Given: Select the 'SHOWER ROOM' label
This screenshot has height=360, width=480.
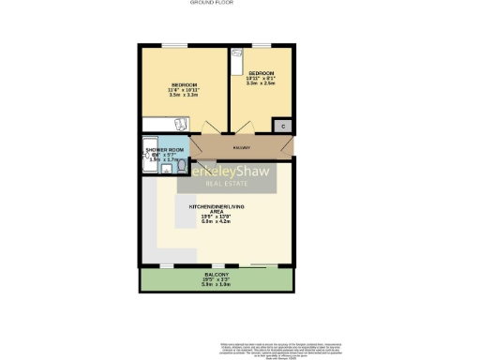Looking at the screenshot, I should pyautogui.click(x=164, y=149).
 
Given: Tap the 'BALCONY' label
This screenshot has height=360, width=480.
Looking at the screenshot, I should pyautogui.click(x=217, y=275).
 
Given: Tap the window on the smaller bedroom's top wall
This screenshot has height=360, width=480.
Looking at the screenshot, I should pyautogui.click(x=258, y=45).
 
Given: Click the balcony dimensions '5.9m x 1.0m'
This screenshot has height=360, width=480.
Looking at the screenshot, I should pyautogui.click(x=217, y=284).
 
